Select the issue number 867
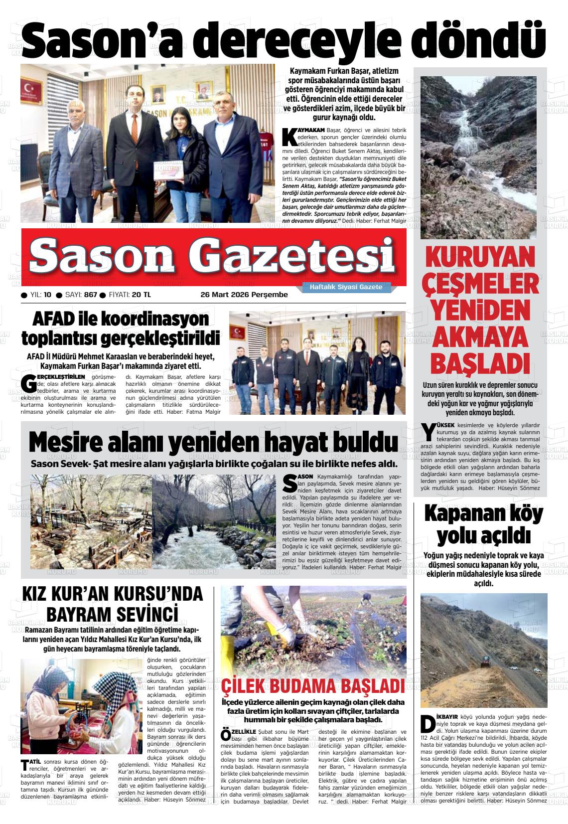tap(90, 295)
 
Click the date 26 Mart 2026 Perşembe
tap(244, 295)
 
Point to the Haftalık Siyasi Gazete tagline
tap(346, 287)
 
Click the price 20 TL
tap(141, 295)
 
